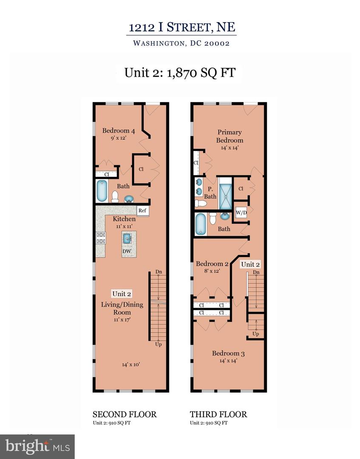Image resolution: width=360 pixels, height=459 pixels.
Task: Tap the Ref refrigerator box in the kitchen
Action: coord(142,210)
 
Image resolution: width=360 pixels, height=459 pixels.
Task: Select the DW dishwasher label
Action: coord(127,252)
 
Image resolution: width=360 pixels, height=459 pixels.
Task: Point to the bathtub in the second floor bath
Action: coord(102,192)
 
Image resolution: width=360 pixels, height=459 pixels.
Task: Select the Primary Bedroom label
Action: coord(230,136)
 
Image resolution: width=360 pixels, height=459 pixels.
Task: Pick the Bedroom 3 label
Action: coord(228,353)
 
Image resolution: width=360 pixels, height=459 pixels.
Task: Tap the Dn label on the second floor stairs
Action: coord(159,272)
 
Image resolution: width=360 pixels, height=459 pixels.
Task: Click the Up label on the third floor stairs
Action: coord(255,334)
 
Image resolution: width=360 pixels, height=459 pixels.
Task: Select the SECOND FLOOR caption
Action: coord(125,414)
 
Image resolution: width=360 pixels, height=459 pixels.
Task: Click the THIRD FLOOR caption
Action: coord(218,414)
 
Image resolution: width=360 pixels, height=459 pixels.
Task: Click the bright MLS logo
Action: coord(37,446)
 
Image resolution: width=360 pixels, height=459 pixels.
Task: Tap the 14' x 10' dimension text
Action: coord(131,364)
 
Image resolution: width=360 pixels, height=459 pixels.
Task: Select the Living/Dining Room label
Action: coord(122,308)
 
